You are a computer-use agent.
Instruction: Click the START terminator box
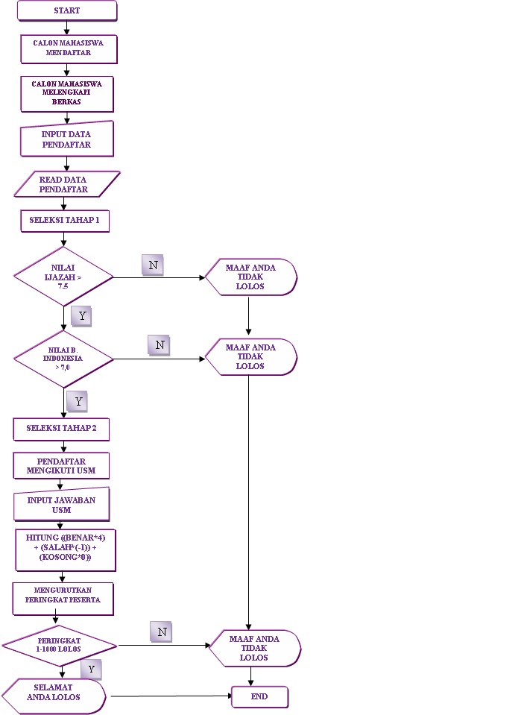67,10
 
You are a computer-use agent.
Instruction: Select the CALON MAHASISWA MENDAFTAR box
67,48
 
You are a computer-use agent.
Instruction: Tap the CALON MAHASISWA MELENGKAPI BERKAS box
67,92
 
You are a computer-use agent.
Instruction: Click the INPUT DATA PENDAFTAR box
66,139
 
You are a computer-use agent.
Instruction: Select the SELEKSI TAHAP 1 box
64,221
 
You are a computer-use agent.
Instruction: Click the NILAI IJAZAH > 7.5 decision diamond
63,276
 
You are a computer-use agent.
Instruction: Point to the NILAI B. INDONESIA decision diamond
63,359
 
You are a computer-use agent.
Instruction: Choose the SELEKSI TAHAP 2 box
62,429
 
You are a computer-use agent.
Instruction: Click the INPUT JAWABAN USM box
62,505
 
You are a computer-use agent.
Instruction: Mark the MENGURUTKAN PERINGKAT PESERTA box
63,599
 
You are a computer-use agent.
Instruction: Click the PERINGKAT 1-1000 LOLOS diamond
60,644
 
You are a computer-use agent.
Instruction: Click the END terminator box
259,696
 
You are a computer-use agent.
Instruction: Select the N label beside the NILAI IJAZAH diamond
152,265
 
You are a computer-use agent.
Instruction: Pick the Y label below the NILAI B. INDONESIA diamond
78,401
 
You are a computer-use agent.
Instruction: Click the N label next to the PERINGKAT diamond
162,631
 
